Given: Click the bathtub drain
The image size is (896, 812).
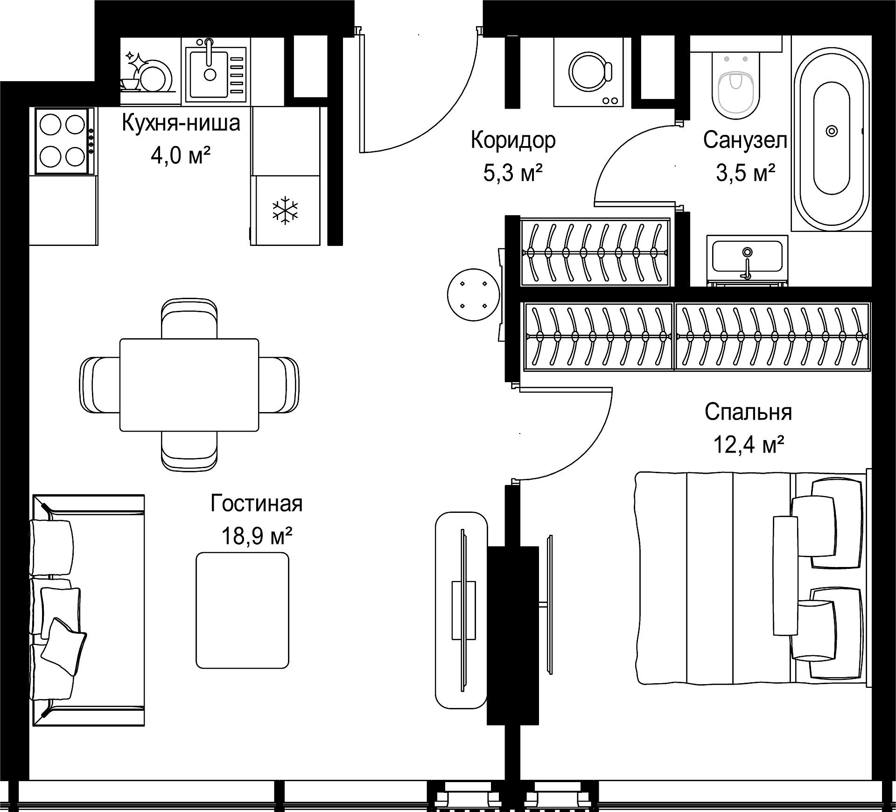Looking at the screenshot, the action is tap(832, 131).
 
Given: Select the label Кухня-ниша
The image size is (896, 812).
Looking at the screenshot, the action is tap(181, 123).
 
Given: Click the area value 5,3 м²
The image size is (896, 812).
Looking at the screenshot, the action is tap(513, 173).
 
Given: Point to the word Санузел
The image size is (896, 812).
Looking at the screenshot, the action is tap(745, 140).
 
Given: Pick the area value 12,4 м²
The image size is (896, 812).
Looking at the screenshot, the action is tap(748, 445).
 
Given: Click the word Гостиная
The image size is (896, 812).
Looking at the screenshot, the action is tap(257, 504).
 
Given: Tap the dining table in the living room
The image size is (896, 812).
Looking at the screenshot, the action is tap(189, 385).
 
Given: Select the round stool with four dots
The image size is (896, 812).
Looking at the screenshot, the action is tap(473, 295).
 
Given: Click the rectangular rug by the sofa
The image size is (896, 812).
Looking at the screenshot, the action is tap(242, 610).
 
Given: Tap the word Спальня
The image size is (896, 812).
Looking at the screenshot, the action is tap(748, 412).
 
